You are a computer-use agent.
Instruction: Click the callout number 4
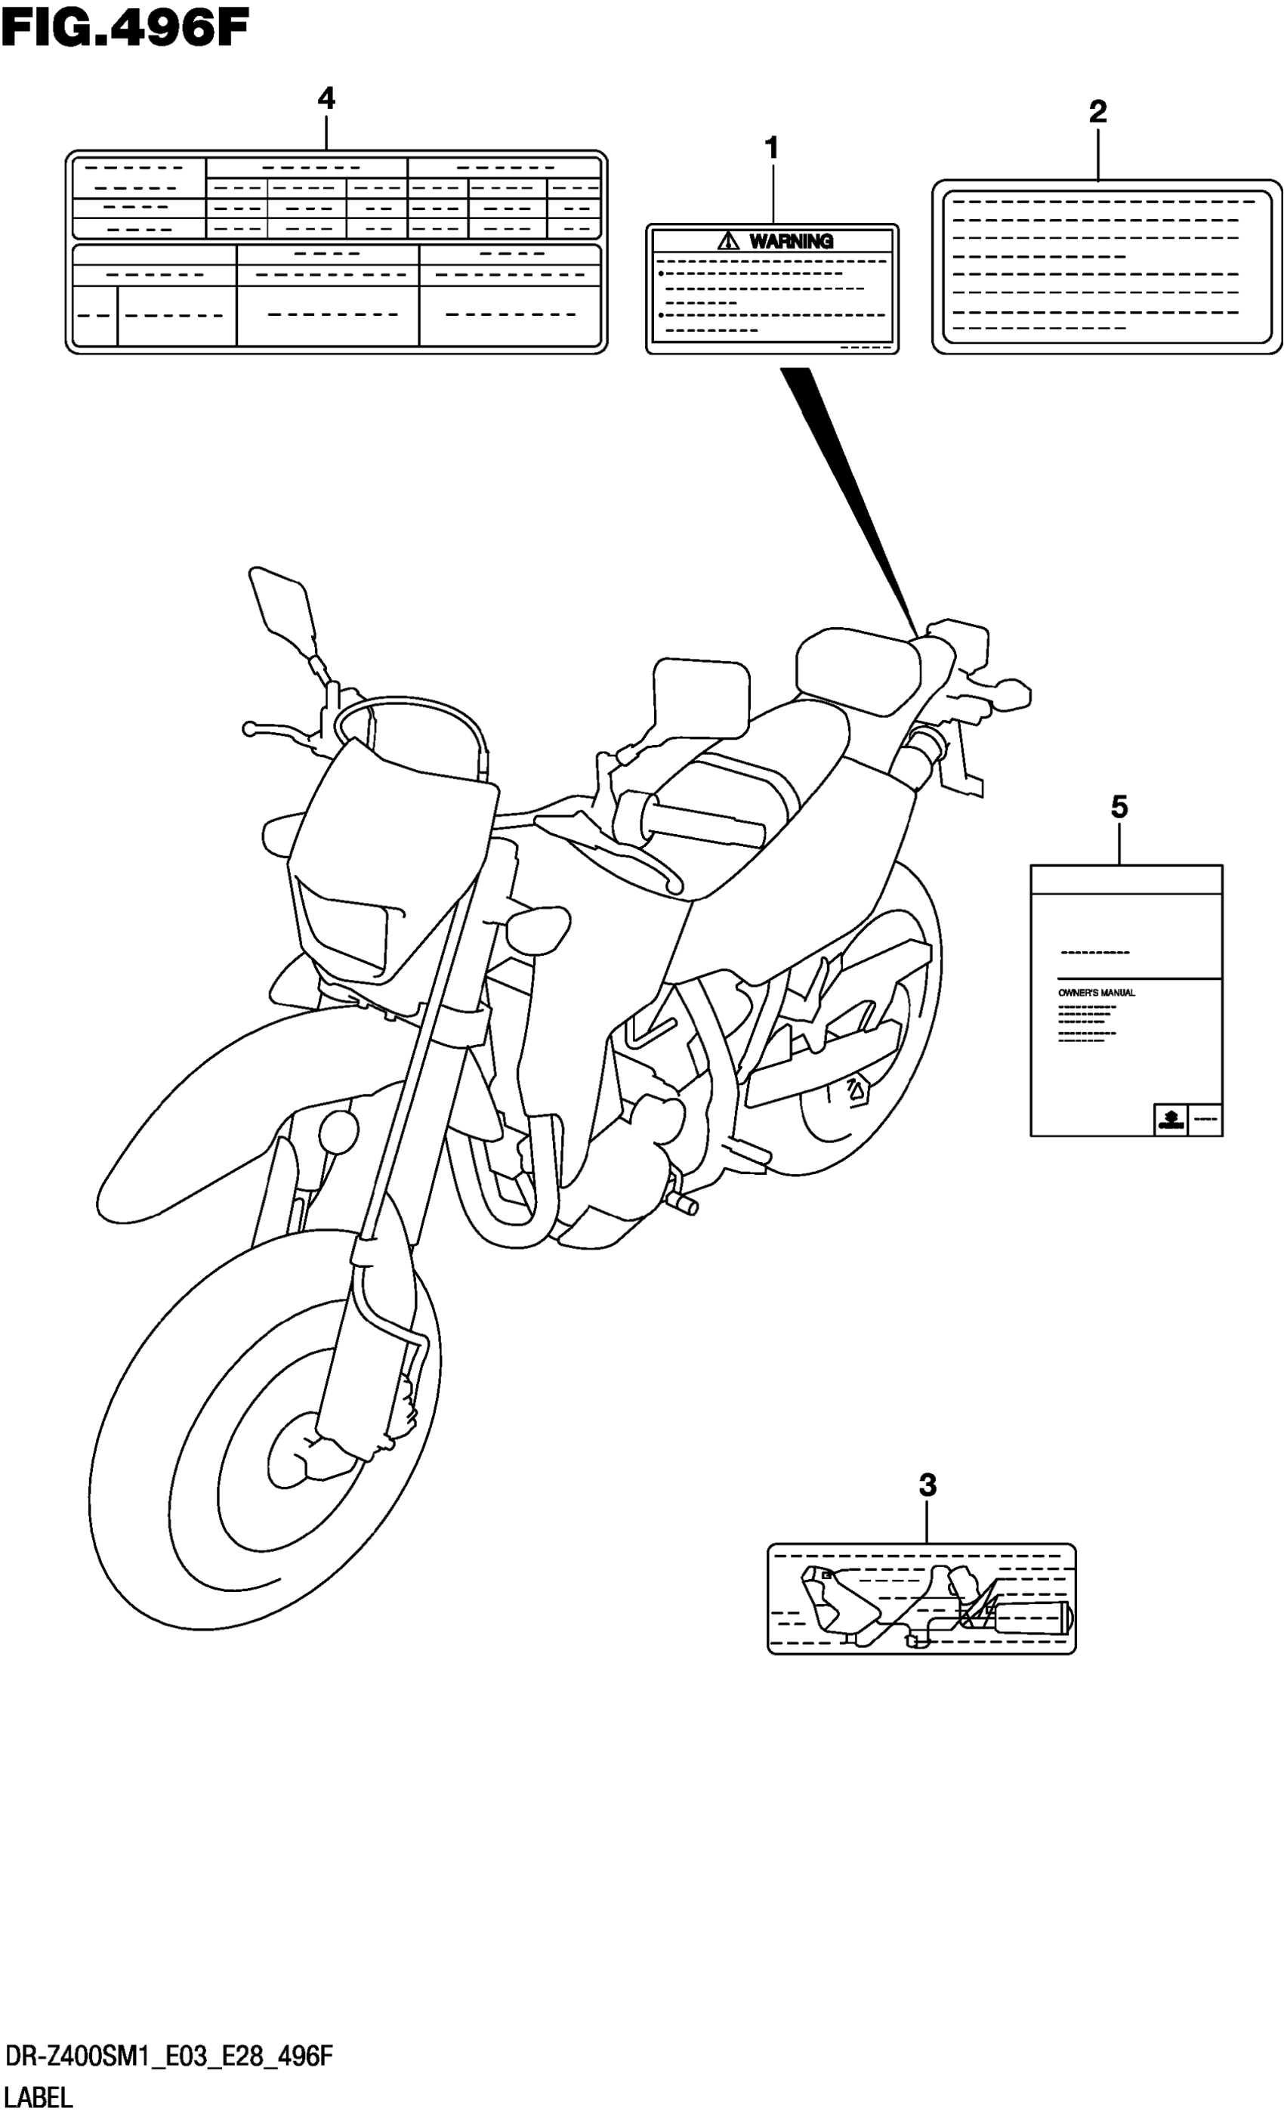click(326, 99)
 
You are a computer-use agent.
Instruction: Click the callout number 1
click(771, 148)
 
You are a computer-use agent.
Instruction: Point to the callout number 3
click(928, 1485)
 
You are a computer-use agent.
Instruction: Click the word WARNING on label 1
click(791, 241)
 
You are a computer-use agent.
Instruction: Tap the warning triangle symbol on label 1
click(728, 240)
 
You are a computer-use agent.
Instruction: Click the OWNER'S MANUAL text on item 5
click(1096, 993)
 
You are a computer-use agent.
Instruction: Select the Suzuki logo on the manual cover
click(1170, 1120)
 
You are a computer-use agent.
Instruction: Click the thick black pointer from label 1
click(849, 489)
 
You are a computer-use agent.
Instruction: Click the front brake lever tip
click(248, 729)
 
